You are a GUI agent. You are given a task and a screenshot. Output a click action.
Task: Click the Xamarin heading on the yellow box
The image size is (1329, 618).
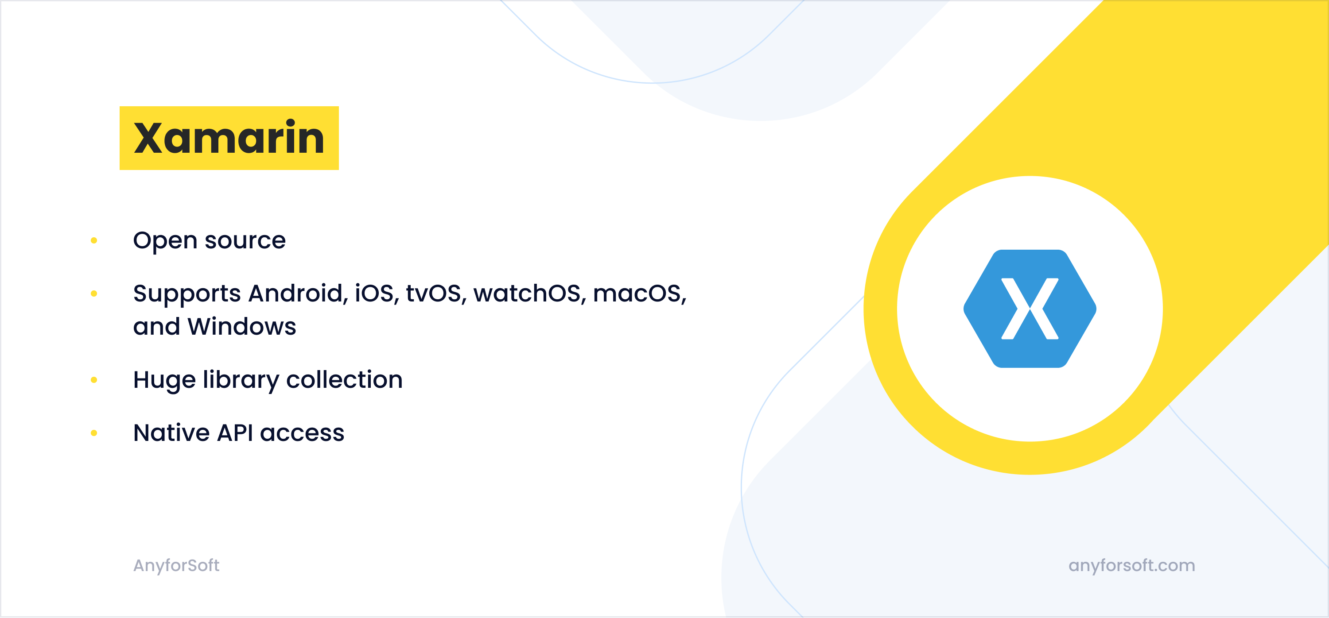[229, 138]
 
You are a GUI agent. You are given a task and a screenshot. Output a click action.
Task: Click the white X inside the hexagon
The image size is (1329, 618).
[1030, 309]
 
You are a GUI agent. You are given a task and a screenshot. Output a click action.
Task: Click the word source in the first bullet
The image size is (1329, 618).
[245, 241]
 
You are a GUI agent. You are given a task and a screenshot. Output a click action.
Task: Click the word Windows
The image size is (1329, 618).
[241, 327]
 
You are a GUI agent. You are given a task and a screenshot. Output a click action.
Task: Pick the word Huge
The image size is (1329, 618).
[164, 380]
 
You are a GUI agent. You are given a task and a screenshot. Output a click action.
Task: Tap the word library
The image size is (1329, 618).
[241, 380]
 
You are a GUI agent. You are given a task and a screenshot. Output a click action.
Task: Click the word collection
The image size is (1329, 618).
[344, 380]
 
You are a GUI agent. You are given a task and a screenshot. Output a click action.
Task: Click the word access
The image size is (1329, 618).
[302, 433]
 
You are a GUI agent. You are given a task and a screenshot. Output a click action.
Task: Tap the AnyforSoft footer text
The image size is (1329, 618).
[176, 565]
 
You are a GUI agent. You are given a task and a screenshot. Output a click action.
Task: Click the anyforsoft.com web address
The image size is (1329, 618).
[1131, 565]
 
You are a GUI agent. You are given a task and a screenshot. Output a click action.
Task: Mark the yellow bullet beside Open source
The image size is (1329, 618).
[94, 240]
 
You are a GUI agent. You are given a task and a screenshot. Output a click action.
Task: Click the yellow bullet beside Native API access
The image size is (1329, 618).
[94, 433]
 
